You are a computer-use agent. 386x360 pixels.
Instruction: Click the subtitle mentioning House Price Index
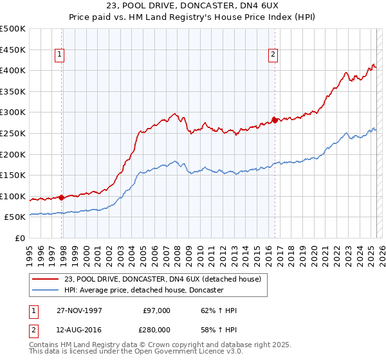tap(193, 18)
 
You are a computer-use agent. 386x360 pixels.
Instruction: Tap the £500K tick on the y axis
tap(13, 29)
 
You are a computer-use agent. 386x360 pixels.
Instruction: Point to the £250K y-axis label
tap(13, 133)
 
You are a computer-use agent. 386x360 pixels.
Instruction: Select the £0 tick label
tap(21, 238)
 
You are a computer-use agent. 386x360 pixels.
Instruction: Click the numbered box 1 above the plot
tap(59, 55)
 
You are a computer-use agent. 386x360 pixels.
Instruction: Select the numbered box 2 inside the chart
tap(273, 55)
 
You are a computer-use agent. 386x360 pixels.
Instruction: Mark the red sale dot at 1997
tap(62, 197)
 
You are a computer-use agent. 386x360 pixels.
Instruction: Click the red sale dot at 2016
tap(274, 120)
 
